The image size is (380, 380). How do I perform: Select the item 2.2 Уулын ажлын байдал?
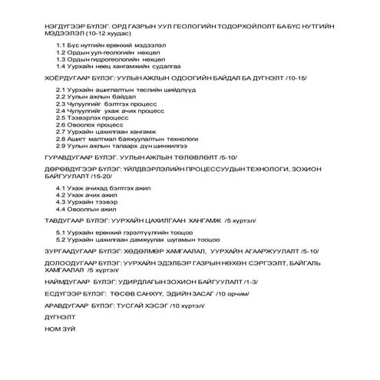coord(96,98)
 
